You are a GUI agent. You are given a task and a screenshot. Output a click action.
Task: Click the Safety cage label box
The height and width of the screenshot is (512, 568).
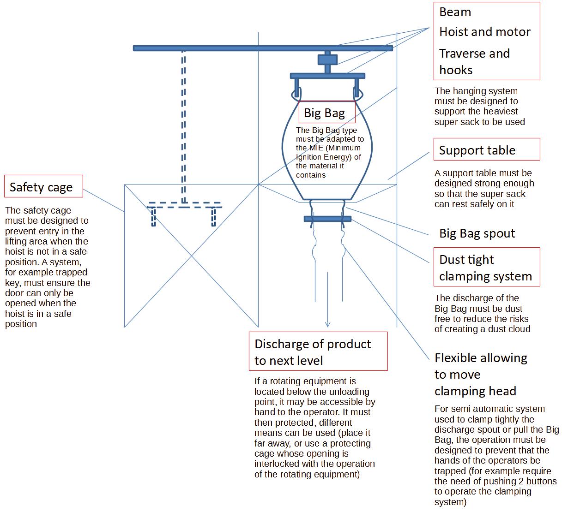43,186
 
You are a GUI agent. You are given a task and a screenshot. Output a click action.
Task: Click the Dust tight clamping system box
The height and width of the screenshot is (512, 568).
486,268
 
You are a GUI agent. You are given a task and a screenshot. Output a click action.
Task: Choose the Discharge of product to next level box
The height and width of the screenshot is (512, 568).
318,352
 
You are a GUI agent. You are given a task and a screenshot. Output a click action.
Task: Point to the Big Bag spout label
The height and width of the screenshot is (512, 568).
477,233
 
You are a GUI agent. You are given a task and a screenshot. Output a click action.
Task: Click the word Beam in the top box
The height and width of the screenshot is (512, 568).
455,12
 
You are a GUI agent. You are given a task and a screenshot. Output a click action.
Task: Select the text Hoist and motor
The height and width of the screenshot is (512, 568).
484,32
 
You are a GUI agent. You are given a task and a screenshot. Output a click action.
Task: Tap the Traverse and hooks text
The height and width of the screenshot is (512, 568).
474,61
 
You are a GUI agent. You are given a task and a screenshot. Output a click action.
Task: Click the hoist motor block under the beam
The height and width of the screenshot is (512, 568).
327,60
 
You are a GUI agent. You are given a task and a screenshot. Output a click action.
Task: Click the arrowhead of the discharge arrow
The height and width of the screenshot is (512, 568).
327,324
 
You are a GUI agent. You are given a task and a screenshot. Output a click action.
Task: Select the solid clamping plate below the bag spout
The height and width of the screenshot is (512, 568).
327,219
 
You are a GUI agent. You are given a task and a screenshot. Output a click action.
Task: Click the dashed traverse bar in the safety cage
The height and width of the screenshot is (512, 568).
185,207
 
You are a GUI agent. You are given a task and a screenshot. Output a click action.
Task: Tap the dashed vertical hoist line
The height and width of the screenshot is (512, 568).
183,125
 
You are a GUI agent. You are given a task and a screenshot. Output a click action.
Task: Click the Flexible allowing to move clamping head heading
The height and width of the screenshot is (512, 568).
480,375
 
